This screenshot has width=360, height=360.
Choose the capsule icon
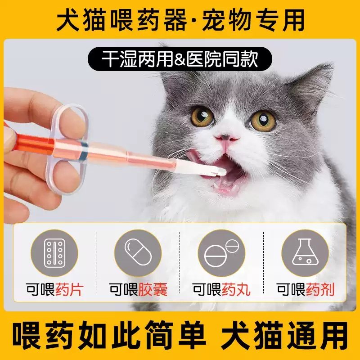[x=137, y=253]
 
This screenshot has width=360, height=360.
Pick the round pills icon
[x=221, y=253]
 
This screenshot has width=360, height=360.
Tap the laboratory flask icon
[x=305, y=253]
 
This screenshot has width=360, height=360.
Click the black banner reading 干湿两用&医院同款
[x=180, y=58]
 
